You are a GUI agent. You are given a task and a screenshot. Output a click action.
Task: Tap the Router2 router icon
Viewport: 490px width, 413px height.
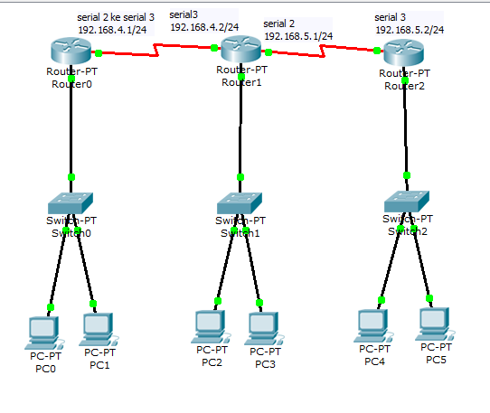[403, 54]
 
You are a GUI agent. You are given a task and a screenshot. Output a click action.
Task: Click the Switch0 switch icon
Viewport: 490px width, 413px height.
[71, 202]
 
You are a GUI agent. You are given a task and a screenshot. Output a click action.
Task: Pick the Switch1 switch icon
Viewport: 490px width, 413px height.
[240, 202]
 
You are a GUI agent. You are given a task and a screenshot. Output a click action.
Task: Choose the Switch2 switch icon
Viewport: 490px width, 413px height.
[407, 200]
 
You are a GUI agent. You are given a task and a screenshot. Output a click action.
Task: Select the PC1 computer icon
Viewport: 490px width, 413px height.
[98, 327]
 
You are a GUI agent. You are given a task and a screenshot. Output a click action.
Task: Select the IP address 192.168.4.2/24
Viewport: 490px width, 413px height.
[204, 26]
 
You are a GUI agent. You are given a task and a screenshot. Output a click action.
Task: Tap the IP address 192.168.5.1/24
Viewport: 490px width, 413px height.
[298, 35]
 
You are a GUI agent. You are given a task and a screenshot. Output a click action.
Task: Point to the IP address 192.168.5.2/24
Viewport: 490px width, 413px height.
[410, 29]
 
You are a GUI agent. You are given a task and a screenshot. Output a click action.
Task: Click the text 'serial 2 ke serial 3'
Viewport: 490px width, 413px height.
[116, 16]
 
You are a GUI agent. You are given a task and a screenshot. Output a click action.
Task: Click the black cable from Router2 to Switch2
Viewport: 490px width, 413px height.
[406, 127]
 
